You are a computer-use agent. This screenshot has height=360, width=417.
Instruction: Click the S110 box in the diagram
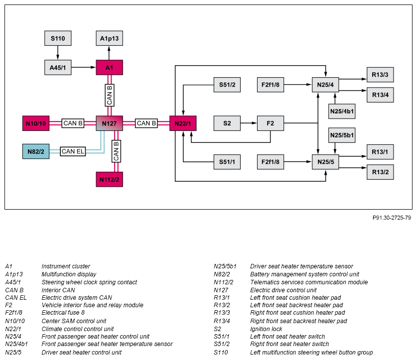(x=58, y=38)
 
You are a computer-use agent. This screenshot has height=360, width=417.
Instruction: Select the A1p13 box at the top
(x=109, y=38)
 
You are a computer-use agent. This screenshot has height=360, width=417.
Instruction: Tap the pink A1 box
(x=109, y=67)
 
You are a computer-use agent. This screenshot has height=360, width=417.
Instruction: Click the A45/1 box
(x=58, y=67)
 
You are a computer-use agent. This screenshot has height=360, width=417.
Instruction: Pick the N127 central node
(x=109, y=123)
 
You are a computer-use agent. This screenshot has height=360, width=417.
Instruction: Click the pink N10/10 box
(x=36, y=123)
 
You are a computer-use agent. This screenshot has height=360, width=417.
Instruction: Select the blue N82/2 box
(x=36, y=151)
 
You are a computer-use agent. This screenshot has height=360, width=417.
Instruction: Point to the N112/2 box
(x=109, y=179)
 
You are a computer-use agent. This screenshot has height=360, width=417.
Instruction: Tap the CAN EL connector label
(x=73, y=151)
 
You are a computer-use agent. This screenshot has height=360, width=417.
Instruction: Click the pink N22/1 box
(x=183, y=123)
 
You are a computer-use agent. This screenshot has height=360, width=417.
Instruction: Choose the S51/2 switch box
(x=227, y=85)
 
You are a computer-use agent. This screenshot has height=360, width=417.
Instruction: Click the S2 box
(x=227, y=123)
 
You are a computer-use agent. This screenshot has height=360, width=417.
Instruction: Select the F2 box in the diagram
(x=270, y=123)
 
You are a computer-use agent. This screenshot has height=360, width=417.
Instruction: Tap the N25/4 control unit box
(x=325, y=85)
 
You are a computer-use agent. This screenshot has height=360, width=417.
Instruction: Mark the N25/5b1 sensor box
(x=342, y=135)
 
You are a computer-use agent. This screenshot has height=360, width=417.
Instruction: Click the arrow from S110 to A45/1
(x=58, y=52)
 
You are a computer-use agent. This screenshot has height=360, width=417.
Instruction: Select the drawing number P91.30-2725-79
(x=391, y=218)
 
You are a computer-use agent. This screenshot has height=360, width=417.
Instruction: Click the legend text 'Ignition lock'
(x=266, y=329)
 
